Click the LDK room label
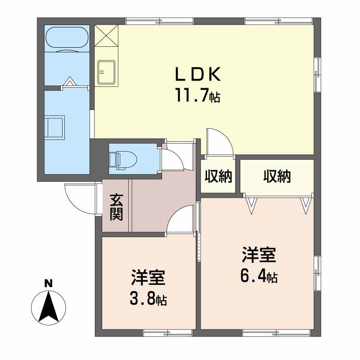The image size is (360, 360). tap(198, 74)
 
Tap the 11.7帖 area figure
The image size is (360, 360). tap(198, 95)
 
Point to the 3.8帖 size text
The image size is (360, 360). tap(148, 298)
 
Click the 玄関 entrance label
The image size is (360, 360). tap(117, 207)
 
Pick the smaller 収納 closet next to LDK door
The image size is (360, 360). tap(218, 176)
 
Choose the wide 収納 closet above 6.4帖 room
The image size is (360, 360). tap(277, 176)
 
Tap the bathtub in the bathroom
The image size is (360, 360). tap(67, 37)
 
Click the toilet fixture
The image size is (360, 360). tap(123, 158)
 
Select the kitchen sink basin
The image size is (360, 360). tap(106, 72)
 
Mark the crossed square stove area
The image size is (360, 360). tap(106, 36)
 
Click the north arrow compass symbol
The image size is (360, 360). tap(49, 308)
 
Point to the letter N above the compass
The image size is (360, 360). tap(49, 284)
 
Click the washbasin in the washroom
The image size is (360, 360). tap(54, 127)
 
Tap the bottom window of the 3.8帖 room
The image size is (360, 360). tap(167, 333)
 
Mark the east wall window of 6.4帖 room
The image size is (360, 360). tap(317, 273)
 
